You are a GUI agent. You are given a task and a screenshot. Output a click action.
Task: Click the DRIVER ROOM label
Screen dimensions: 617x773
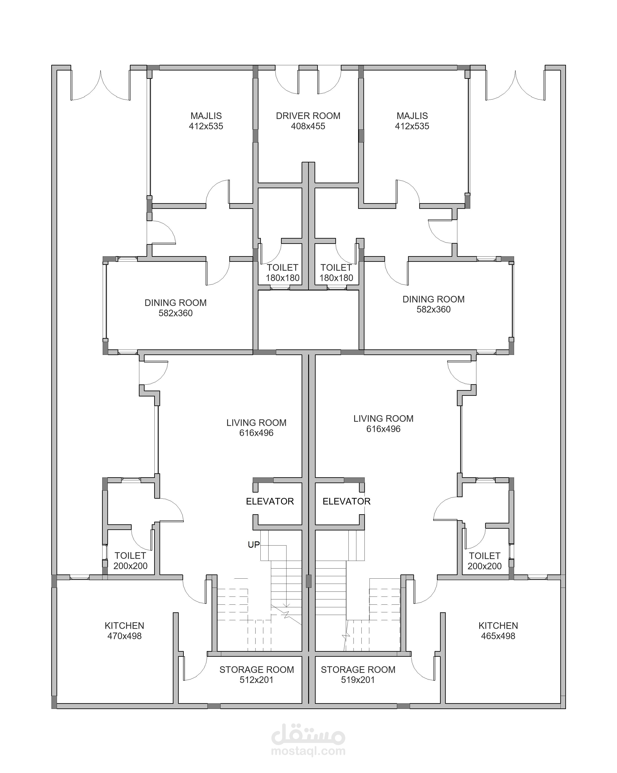[308, 116]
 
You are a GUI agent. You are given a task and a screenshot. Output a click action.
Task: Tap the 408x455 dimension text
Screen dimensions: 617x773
[308, 126]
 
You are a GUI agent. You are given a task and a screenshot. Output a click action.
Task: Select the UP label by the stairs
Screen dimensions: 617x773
[254, 545]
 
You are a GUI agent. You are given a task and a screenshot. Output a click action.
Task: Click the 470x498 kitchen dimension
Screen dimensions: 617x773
[124, 636]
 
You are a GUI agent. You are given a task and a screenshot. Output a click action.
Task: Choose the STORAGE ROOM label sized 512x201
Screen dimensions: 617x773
[257, 669]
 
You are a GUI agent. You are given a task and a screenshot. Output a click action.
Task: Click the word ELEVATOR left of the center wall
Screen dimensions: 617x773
[270, 501]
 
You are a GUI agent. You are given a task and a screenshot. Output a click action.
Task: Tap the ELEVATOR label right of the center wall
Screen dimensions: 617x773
[347, 501]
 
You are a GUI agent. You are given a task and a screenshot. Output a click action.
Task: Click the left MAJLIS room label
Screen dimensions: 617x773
[206, 116]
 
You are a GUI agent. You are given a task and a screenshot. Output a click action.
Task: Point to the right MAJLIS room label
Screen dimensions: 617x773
[412, 116]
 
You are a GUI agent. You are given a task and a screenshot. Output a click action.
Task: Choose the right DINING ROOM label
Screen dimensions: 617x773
[434, 299]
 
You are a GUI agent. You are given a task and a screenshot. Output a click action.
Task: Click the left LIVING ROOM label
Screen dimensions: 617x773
[256, 423]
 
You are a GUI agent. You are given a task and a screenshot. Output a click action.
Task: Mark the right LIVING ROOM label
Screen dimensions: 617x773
[384, 418]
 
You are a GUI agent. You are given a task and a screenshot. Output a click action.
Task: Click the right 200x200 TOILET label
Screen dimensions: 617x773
[485, 556]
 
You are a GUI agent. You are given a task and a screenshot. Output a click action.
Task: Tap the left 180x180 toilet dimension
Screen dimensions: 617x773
[283, 278]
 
